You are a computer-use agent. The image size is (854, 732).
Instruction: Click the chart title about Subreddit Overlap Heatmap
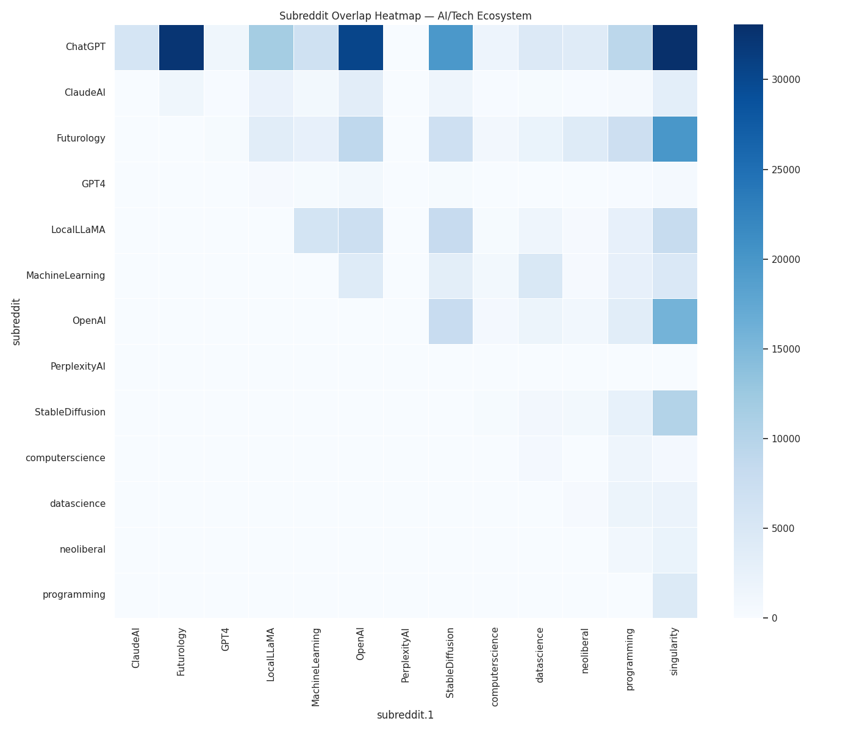[405, 16]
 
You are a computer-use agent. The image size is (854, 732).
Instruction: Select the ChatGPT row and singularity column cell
[675, 48]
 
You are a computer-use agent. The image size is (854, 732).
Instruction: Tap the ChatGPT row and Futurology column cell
[181, 48]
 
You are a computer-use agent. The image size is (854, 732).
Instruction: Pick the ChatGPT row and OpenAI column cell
[361, 48]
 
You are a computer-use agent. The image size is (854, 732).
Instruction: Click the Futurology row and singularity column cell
[675, 138]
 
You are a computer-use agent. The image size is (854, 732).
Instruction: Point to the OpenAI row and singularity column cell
[675, 321]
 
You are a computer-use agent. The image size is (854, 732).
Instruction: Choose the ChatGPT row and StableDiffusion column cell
[450, 48]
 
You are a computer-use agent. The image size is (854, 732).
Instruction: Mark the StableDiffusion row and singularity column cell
[675, 412]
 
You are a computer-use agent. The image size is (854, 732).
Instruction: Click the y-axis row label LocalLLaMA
[78, 230]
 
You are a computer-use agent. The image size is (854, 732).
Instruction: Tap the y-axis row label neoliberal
[82, 550]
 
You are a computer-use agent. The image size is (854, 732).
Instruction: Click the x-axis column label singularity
[675, 651]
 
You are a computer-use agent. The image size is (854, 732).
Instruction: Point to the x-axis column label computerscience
[495, 667]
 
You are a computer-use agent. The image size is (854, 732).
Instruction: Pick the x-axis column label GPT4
[226, 639]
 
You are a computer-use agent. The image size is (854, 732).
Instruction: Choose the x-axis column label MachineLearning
[315, 667]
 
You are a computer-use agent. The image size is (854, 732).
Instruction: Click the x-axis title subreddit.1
[405, 715]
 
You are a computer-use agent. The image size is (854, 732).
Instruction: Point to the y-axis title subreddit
[16, 321]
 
